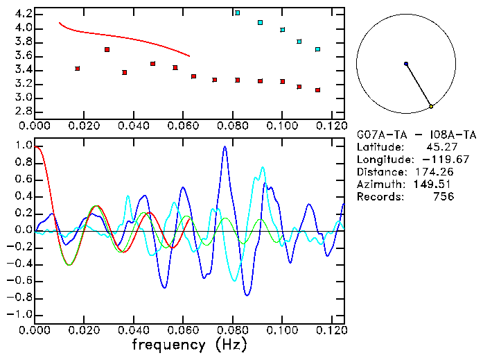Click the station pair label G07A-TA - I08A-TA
416,135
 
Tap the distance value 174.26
436,172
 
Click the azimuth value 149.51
436,185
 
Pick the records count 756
444,197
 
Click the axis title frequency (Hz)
188,345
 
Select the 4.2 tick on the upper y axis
22,14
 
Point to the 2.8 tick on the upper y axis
22,111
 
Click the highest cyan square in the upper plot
238,12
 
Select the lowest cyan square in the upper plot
317,49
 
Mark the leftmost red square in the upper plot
78,69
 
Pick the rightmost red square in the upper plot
317,90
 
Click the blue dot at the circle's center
406,64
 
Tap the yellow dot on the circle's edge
431,106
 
